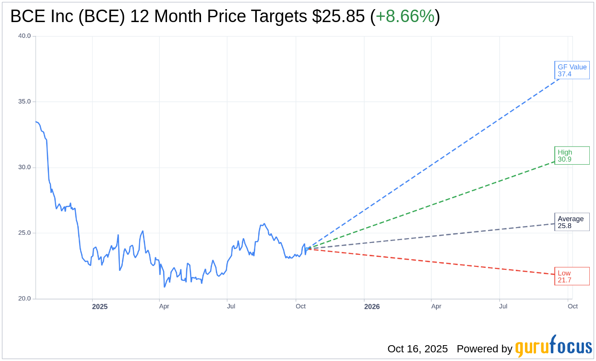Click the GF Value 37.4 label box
click(572, 70)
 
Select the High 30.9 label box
click(572, 156)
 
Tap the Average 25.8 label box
click(572, 222)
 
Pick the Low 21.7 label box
click(572, 276)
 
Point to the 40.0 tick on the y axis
click(24, 36)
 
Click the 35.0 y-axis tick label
click(24, 102)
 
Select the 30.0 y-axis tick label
click(24, 168)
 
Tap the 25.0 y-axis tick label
click(24, 233)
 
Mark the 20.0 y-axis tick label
click(24, 299)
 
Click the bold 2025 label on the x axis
click(100, 306)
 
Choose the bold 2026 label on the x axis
click(372, 306)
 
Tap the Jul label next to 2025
click(231, 306)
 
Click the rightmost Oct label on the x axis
click(572, 306)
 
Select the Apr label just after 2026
click(436, 306)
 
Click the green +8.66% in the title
click(405, 16)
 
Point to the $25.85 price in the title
click(338, 16)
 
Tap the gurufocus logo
click(553, 347)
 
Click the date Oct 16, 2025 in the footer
click(417, 349)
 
